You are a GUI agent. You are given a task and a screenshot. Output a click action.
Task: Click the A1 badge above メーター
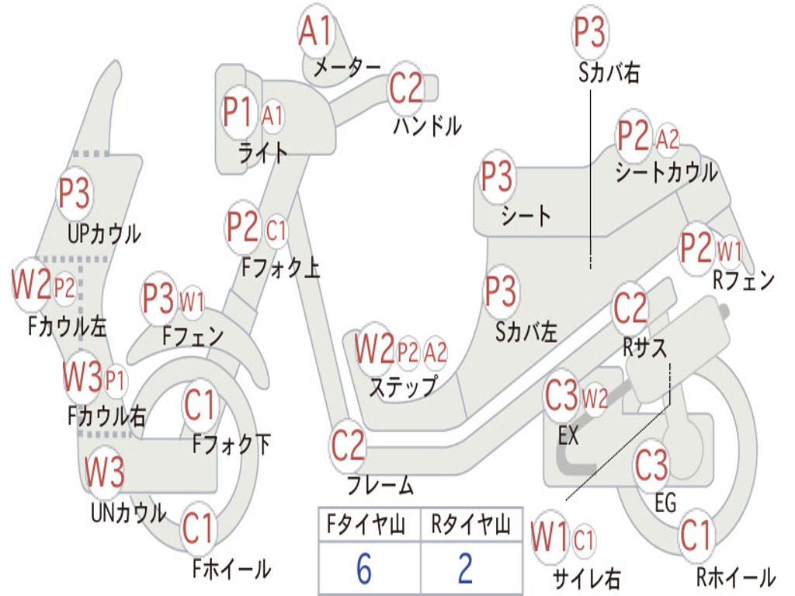click(316, 33)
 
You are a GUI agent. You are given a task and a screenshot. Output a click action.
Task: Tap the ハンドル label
click(427, 124)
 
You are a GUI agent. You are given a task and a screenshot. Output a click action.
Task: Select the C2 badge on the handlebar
click(405, 88)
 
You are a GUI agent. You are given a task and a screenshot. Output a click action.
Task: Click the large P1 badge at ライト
click(238, 113)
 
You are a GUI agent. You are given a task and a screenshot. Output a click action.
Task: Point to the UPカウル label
click(104, 233)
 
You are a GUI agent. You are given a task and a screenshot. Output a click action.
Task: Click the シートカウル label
click(666, 172)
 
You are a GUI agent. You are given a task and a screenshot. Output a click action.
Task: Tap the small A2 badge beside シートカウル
click(668, 140)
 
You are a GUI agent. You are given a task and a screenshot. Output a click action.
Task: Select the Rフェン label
click(744, 281)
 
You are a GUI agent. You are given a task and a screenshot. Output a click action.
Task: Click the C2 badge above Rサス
click(630, 308)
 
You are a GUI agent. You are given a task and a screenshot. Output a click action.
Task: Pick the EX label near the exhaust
click(568, 435)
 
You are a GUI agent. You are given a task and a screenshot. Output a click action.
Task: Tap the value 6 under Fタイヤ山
click(364, 569)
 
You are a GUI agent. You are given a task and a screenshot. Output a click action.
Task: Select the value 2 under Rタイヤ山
click(465, 569)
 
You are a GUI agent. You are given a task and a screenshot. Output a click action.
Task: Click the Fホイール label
click(231, 569)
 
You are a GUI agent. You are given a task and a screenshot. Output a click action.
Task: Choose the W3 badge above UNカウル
click(104, 471)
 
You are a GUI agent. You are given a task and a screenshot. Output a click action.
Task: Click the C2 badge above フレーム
click(348, 445)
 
